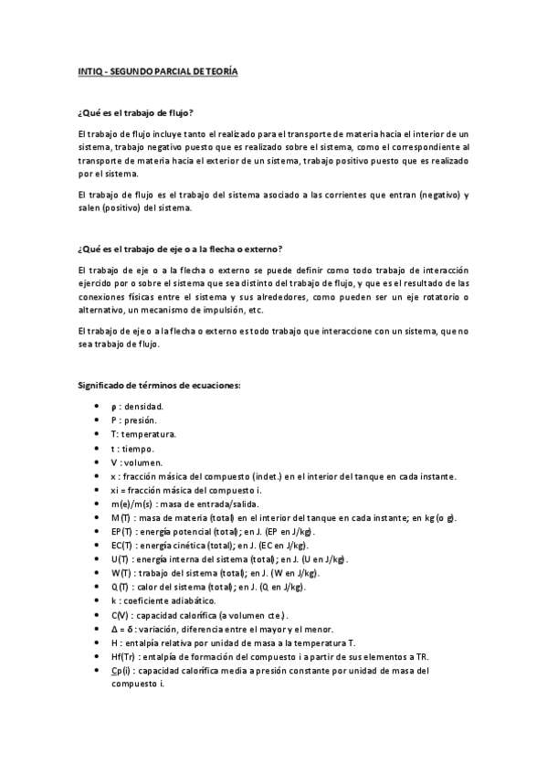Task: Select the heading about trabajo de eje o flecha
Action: click(x=180, y=249)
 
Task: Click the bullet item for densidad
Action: click(x=138, y=406)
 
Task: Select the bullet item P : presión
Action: click(x=133, y=419)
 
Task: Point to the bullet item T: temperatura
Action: click(x=143, y=434)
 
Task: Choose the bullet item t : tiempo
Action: click(x=132, y=448)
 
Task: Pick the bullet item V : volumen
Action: click(x=136, y=462)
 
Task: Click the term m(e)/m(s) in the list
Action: click(x=131, y=504)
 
